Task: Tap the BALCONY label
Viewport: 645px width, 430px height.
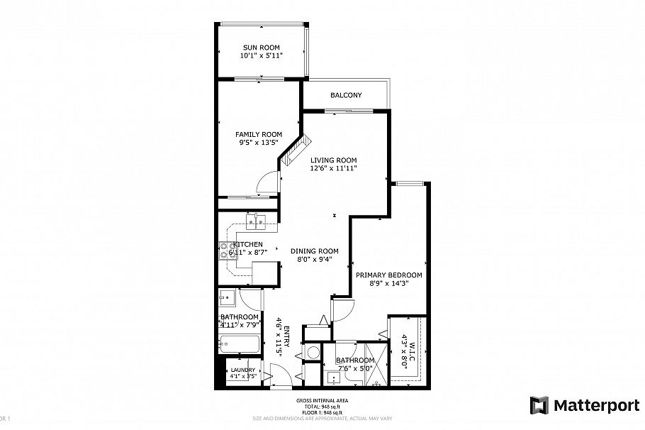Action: (x=346, y=95)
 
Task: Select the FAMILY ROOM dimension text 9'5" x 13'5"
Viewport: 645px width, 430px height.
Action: (x=259, y=142)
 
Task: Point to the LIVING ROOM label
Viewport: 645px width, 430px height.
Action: (x=333, y=160)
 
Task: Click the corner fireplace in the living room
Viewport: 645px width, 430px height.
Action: (x=291, y=158)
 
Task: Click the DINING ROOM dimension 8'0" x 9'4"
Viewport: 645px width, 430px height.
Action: (x=314, y=260)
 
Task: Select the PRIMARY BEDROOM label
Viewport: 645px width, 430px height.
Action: (x=389, y=275)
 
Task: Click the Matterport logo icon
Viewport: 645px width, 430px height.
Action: (x=540, y=406)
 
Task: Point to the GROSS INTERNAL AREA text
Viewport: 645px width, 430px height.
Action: (x=322, y=401)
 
